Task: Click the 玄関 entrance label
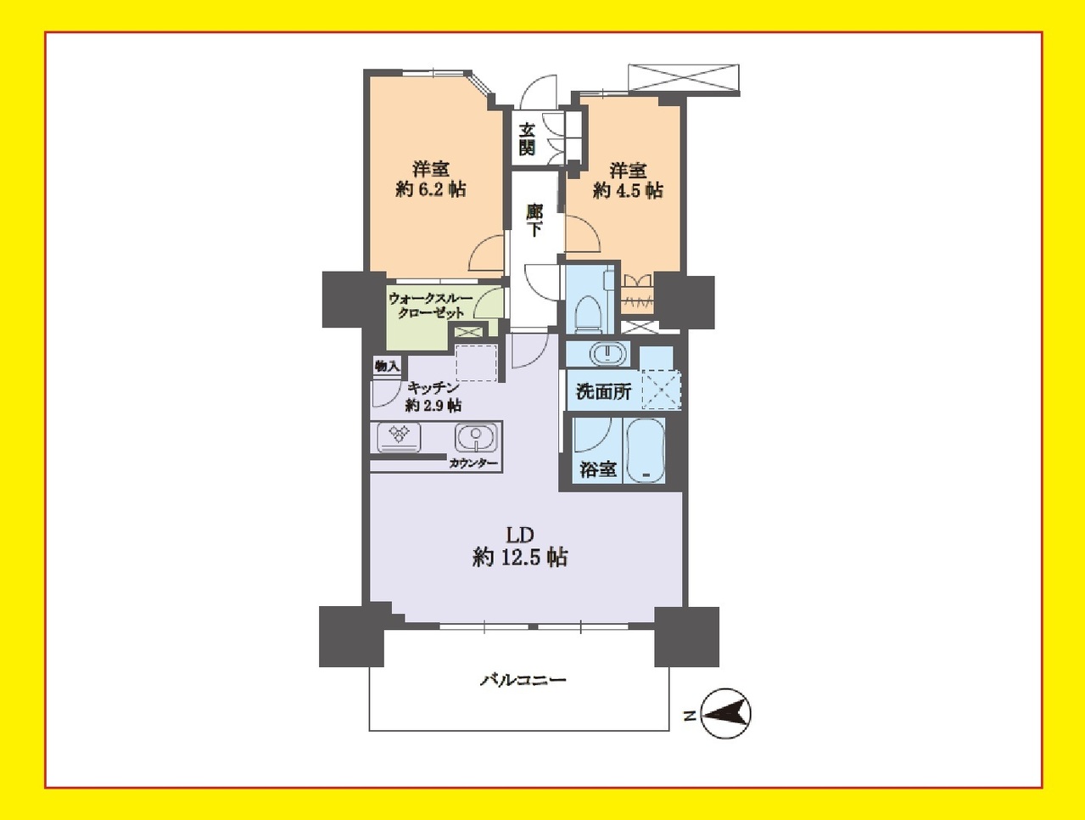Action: [x=527, y=139]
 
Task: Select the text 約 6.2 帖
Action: [x=431, y=189]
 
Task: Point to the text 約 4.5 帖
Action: [x=628, y=190]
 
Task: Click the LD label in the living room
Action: [x=520, y=535]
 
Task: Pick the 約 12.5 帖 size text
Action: [x=520, y=558]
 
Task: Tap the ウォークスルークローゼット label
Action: [x=432, y=306]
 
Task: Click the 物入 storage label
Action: [x=387, y=367]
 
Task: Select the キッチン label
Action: [x=433, y=387]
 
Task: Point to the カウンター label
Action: [x=473, y=463]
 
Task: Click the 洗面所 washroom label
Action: [x=603, y=391]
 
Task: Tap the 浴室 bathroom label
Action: [x=598, y=469]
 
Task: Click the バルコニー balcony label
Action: [x=523, y=680]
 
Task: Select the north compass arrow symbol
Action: [x=726, y=714]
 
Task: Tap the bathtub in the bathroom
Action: [x=645, y=451]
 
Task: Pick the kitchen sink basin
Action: [x=476, y=437]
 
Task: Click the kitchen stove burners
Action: [x=399, y=437]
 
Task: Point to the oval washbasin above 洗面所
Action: [x=608, y=354]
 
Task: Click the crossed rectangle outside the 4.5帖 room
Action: [x=684, y=77]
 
